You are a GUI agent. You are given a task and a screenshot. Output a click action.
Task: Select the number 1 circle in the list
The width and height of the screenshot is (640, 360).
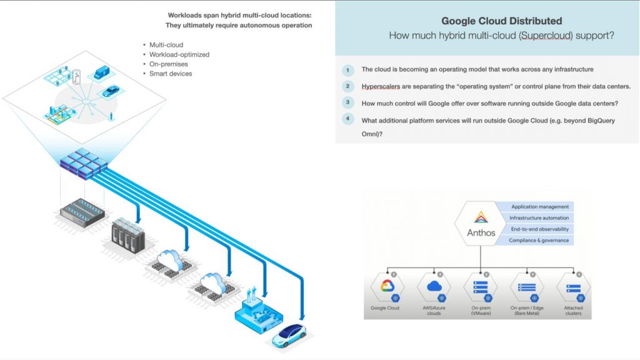[x=348, y=69]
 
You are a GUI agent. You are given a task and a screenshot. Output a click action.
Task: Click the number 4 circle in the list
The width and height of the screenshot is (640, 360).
[x=348, y=119]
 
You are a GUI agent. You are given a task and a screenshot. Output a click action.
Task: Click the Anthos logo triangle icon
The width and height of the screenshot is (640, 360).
[x=481, y=217]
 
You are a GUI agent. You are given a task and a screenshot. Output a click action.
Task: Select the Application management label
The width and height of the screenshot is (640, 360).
[x=540, y=206]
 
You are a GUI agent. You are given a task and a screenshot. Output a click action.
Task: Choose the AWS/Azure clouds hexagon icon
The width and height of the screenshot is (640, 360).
[x=434, y=287]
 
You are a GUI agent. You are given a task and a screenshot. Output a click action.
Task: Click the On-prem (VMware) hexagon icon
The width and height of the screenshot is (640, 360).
[x=481, y=287]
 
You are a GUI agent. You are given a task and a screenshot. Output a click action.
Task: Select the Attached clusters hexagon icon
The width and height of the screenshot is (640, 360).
[x=573, y=287]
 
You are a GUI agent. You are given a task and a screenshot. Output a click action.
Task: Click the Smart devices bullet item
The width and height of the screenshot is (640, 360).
[x=171, y=74]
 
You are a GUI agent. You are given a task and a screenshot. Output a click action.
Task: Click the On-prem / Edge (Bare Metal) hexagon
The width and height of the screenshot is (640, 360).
[x=527, y=287]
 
